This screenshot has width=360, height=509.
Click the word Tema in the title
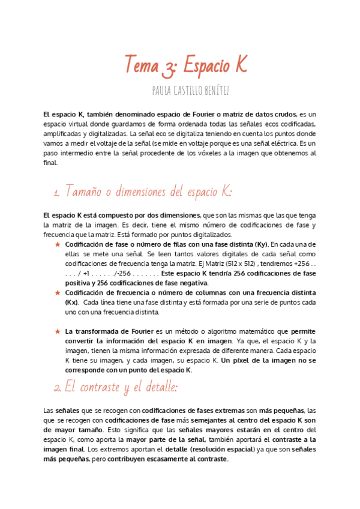pos(142,63)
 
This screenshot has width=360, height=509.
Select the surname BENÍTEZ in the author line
pos(212,90)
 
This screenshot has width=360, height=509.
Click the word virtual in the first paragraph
pos(74,123)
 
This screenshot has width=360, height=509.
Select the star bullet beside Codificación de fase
pos(58,245)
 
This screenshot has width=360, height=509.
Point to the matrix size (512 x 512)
pos(229,264)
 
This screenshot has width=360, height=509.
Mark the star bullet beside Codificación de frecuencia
pos(58,292)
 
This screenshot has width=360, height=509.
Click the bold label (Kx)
pos(72,302)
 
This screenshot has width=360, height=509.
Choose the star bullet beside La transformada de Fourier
pos(58,331)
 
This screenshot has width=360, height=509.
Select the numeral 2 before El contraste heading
pos(57,388)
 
